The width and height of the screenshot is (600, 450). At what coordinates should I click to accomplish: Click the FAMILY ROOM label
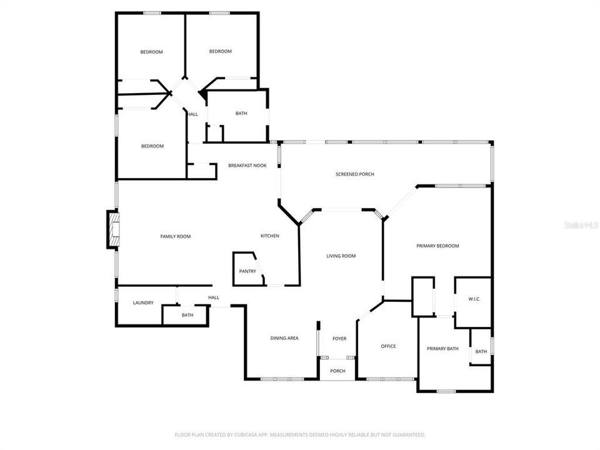175,236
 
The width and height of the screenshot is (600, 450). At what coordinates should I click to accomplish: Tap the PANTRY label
247,271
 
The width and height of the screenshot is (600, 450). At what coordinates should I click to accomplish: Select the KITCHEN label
270,236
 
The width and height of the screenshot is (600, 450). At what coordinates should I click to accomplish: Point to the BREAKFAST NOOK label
247,166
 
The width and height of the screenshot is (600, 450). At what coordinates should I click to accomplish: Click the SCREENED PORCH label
355,174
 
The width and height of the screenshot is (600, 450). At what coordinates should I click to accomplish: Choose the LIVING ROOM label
341,256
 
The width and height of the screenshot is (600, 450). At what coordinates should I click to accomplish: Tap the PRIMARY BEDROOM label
437,246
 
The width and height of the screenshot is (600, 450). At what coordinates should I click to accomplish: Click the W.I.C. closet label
474,299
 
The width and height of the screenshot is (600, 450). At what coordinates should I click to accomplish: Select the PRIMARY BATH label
442,349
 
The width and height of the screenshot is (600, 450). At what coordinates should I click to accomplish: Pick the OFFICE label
388,346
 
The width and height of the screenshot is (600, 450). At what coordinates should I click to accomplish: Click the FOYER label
339,339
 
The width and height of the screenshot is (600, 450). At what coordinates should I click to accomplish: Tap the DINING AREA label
284,338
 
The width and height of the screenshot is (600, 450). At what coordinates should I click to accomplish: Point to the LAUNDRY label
143,303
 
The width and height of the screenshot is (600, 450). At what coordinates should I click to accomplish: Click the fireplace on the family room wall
112,231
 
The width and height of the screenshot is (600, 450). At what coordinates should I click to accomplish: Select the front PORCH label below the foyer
337,371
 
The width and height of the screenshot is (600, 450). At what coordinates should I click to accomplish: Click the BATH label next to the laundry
187,315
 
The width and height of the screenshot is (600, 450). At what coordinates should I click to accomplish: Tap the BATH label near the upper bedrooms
241,113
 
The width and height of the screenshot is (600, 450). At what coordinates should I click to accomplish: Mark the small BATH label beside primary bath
481,352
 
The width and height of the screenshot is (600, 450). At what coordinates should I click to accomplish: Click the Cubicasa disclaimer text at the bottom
300,434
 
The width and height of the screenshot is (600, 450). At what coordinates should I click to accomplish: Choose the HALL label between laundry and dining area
214,297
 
